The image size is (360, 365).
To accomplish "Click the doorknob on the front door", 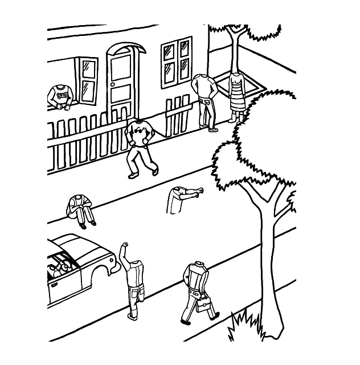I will tap(113, 85).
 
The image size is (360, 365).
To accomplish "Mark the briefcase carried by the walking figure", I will tap(204, 306).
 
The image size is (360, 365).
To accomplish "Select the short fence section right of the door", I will tap(177, 116).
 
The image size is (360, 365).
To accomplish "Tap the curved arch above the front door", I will tap(125, 48).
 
